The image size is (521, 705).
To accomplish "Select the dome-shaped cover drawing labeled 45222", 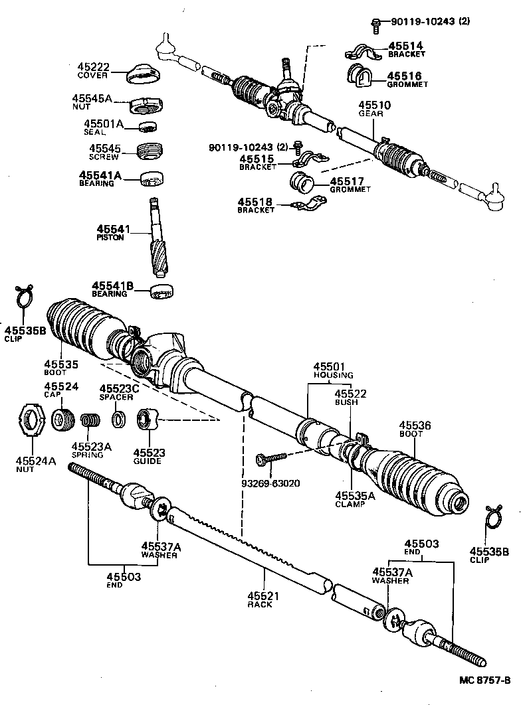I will point(145,74).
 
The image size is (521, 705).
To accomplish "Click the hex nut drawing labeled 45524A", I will point(31,420).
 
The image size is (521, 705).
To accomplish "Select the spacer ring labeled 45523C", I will point(120,420).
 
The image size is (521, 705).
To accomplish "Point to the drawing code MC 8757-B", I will point(484,680).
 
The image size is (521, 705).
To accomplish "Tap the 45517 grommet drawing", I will point(302,181).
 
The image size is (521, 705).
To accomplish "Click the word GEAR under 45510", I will point(369,114).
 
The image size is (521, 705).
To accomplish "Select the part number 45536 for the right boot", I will point(415,425).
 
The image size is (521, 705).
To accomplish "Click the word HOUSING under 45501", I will point(333,375).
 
